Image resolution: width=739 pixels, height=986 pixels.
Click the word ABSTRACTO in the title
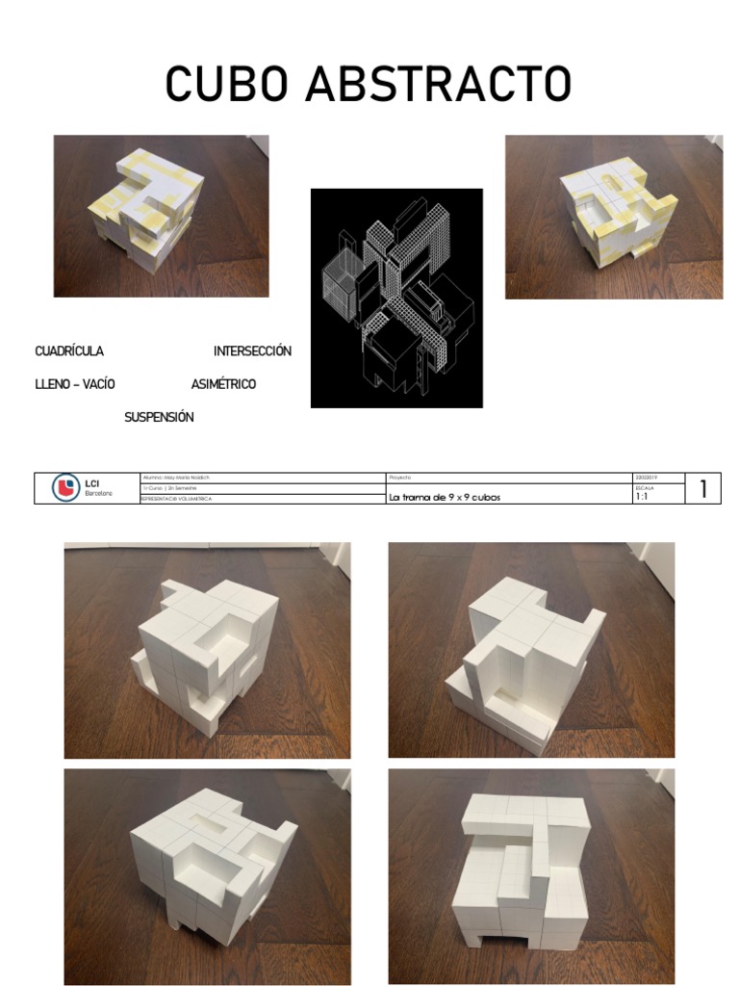[x=438, y=85]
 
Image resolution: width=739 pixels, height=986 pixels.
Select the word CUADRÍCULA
[x=69, y=351]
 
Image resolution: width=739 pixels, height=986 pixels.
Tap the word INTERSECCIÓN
[x=252, y=351]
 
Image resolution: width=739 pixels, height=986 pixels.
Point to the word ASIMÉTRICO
[x=223, y=384]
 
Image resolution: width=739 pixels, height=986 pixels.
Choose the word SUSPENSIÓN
[x=159, y=417]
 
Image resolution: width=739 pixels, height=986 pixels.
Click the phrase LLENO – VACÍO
[x=75, y=384]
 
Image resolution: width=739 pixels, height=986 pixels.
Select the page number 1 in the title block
[x=703, y=489]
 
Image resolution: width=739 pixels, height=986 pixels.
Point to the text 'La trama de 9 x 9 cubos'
[x=445, y=498]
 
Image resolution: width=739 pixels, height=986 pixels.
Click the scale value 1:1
[x=642, y=498]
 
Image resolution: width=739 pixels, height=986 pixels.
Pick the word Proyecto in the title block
[x=400, y=478]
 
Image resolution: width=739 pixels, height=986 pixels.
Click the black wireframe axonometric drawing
[x=396, y=298]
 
